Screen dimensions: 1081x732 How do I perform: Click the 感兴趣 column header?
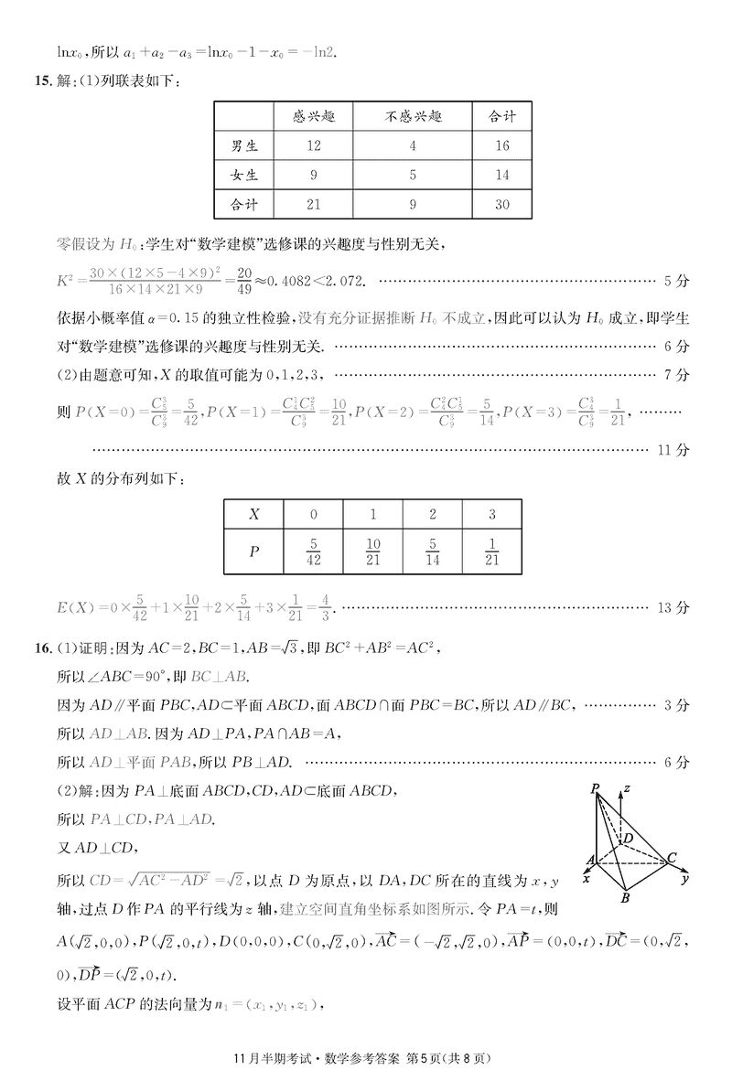tap(314, 116)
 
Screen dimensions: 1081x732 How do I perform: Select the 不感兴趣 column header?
tap(414, 116)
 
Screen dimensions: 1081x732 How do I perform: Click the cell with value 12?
tap(314, 145)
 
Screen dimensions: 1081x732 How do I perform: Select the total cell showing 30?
tap(502, 204)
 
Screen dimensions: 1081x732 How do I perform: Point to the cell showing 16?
tap(502, 145)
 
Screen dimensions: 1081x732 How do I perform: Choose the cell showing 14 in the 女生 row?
tap(502, 175)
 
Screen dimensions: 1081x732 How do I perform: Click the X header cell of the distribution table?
tap(253, 515)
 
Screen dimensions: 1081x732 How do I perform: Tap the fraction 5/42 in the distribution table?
tap(314, 552)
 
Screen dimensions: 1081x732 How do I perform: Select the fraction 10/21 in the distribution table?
tap(373, 552)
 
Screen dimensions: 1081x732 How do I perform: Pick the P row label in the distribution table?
tap(253, 552)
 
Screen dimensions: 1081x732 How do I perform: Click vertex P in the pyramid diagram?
tap(596, 787)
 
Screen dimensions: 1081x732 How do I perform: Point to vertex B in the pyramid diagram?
tap(625, 898)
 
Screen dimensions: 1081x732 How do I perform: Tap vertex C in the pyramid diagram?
tap(673, 857)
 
